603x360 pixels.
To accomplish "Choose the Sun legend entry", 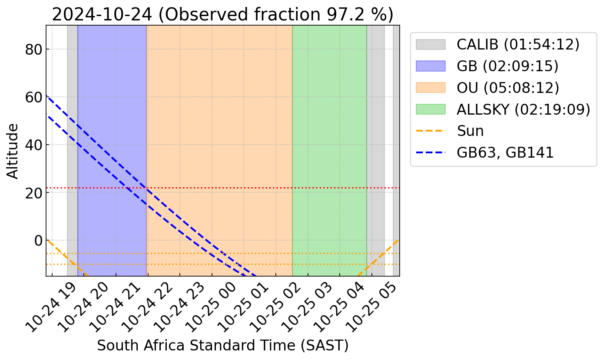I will point(470,131).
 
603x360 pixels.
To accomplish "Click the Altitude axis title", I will point(13,151).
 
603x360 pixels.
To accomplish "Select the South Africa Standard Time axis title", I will point(222,346).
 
